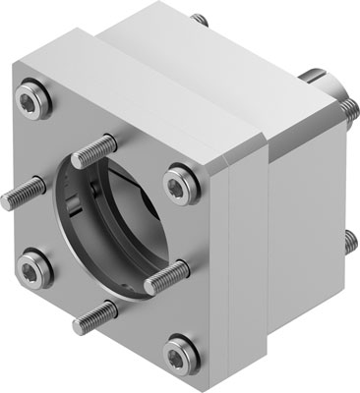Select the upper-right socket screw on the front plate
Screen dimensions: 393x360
click(177, 183)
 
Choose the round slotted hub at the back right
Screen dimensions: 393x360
click(330, 86)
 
